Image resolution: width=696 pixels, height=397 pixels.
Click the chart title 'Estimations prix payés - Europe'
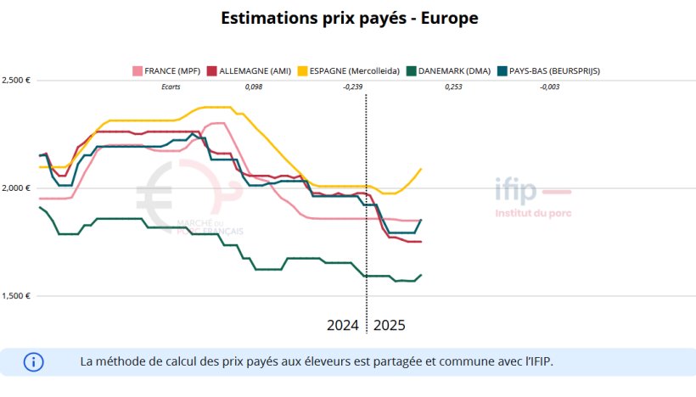(x=347, y=18)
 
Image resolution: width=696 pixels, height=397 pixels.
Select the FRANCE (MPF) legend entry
(x=166, y=70)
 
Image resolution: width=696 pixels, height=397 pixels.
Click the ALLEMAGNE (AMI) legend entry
(x=249, y=70)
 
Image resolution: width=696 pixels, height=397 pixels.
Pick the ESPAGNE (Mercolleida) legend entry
(x=350, y=70)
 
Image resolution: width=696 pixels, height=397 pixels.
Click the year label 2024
(x=344, y=326)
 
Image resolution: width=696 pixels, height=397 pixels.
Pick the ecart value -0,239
(x=352, y=87)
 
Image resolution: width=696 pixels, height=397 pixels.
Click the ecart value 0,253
(x=453, y=87)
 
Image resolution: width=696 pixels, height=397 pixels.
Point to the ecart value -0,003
(x=550, y=87)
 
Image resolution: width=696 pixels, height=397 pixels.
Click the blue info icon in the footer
(x=33, y=361)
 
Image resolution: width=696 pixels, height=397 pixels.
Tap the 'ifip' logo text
(x=516, y=192)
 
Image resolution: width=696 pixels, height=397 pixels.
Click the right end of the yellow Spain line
(x=421, y=169)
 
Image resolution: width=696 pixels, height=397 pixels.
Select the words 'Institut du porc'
(x=533, y=213)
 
